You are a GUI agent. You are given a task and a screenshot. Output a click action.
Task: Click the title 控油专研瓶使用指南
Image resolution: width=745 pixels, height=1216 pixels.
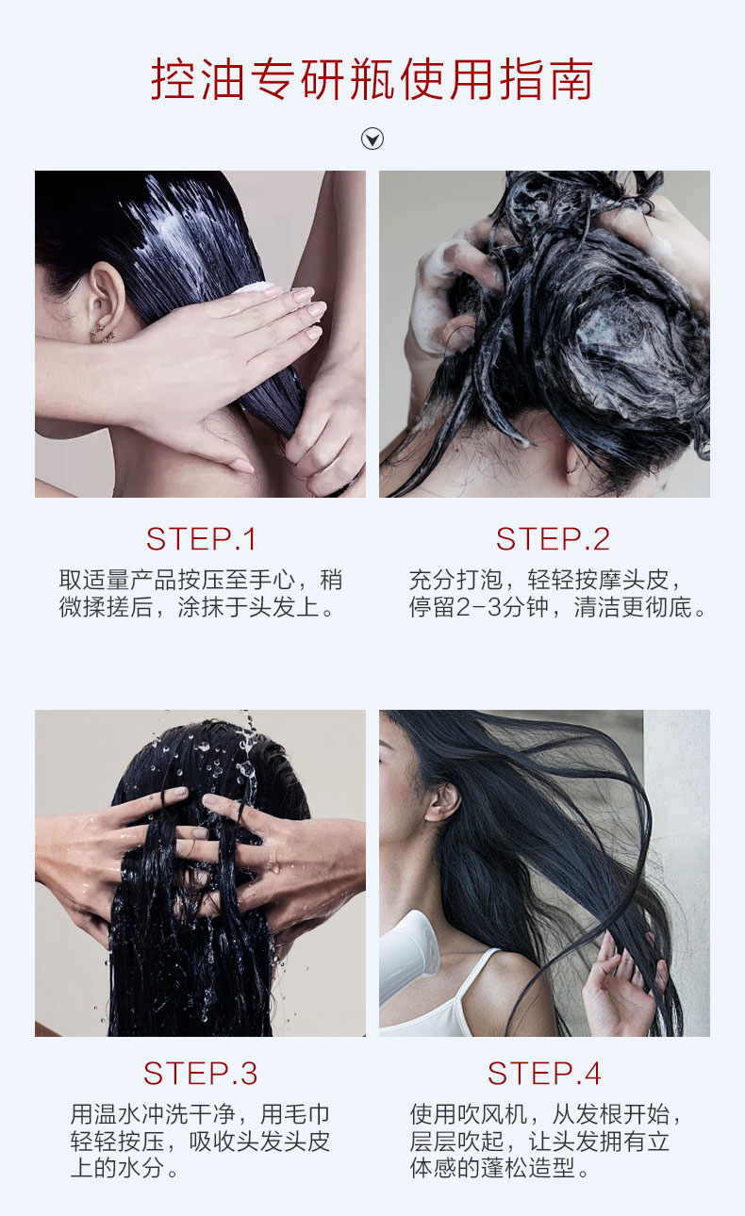tap(372, 79)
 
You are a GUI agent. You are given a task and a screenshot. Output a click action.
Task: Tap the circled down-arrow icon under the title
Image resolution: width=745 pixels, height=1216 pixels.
tap(372, 139)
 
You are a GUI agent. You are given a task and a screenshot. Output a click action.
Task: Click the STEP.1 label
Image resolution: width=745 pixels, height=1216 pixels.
tap(201, 539)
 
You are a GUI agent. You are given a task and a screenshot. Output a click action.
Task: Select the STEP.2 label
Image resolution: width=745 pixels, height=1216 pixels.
tap(553, 539)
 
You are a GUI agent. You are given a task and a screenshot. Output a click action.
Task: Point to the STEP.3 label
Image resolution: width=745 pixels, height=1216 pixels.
tap(200, 1074)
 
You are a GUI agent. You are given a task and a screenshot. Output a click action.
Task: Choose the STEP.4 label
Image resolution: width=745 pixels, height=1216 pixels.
tap(544, 1074)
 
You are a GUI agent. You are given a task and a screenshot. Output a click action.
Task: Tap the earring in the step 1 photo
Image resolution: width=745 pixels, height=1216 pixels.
tap(103, 335)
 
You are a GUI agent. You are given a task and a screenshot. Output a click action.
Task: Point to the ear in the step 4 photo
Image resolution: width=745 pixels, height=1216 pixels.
tap(442, 802)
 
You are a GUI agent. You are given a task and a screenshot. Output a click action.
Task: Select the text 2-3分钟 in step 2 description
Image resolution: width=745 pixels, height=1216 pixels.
tap(503, 607)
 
